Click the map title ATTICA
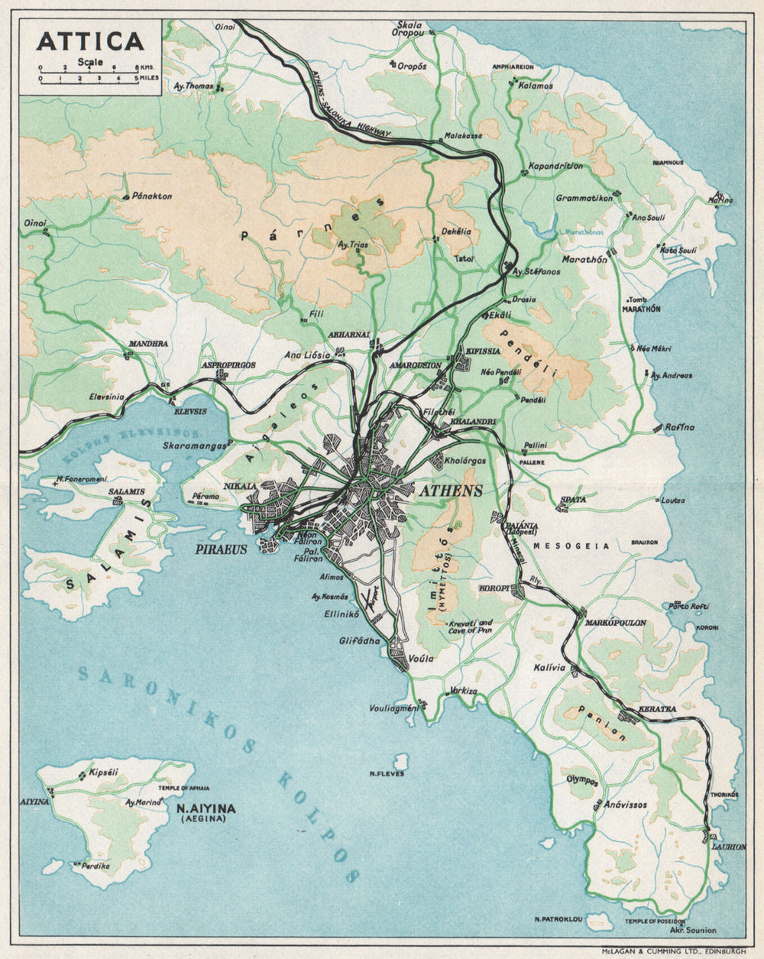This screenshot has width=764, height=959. click(89, 40)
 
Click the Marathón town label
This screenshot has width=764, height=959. click(584, 260)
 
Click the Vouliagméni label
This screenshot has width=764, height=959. click(394, 708)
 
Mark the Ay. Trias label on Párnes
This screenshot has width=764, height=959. click(353, 245)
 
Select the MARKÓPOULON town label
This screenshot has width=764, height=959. click(615, 623)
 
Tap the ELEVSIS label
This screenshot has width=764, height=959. click(190, 410)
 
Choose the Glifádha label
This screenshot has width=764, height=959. click(359, 641)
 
